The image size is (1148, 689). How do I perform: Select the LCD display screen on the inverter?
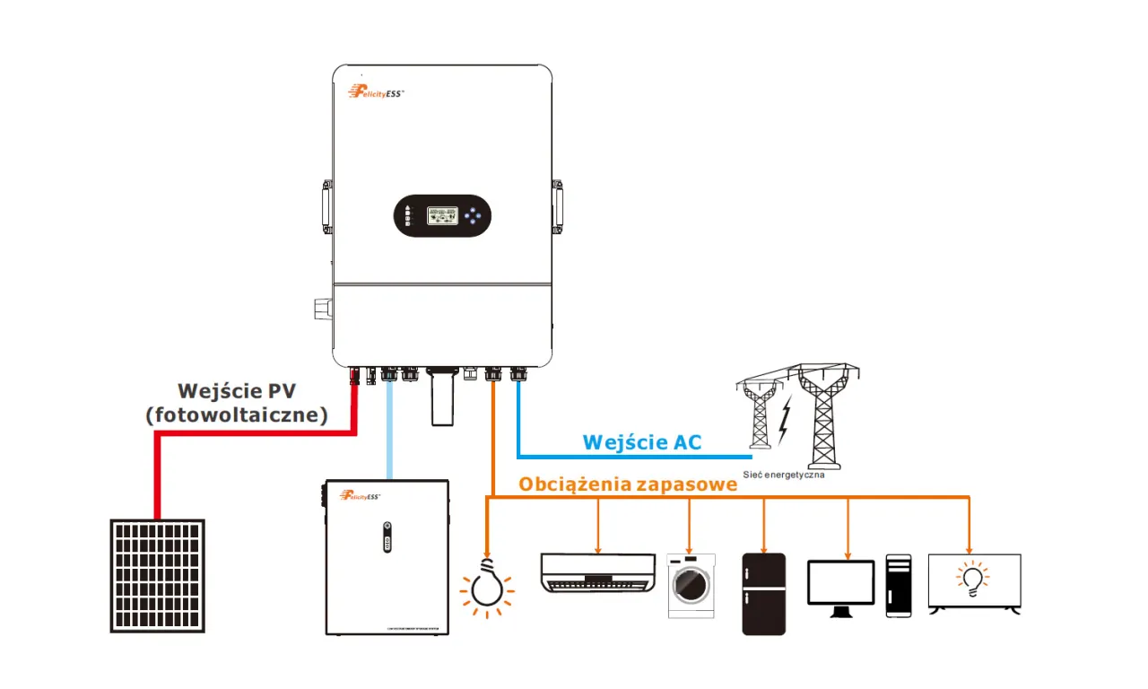coord(441,215)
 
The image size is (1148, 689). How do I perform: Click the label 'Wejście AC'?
coord(641,441)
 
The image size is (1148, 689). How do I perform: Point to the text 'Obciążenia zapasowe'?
coord(628,484)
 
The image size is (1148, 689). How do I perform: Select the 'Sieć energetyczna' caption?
coord(783,475)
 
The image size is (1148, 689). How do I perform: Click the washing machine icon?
coord(691,586)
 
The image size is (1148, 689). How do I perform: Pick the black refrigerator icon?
coord(763,594)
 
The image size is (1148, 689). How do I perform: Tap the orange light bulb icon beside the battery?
coord(487,587)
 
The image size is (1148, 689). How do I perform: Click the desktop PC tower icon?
coord(898,585)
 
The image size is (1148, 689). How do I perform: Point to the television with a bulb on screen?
coord(974,583)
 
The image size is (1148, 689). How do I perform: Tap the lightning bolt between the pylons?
coord(785,420)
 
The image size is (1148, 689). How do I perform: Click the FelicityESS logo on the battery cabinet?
coord(361,495)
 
